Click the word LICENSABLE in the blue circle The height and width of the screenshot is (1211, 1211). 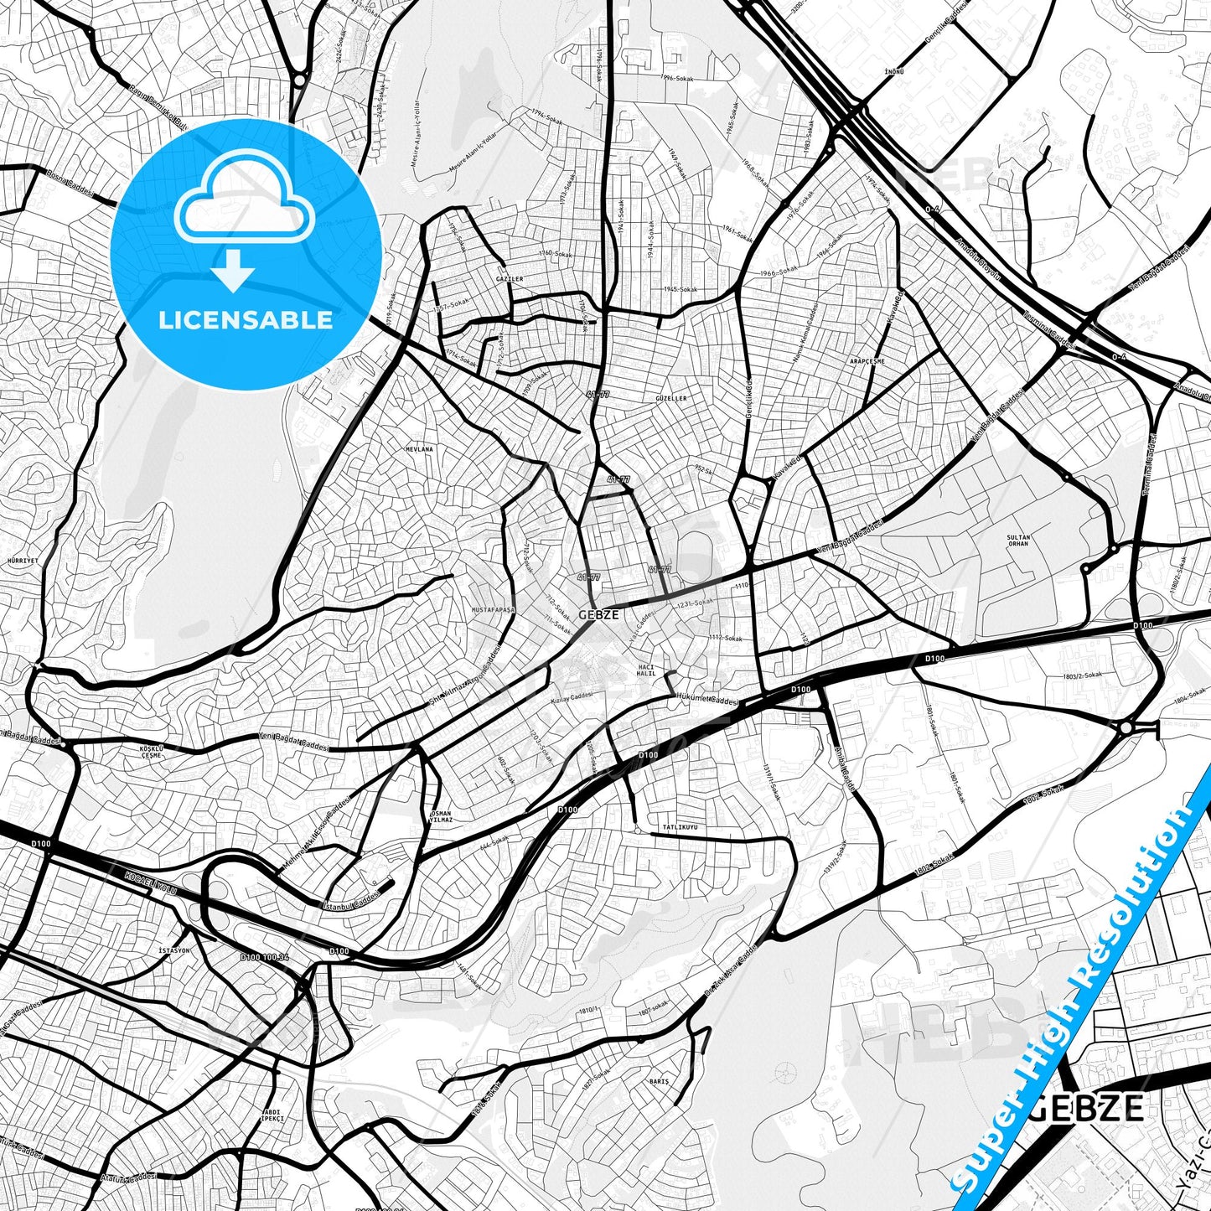(x=246, y=320)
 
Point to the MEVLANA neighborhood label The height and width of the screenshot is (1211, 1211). (x=419, y=449)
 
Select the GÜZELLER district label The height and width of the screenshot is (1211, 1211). (x=670, y=398)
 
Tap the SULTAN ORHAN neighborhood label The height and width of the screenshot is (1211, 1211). (x=1017, y=541)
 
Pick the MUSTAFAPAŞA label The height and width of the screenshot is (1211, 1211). (x=494, y=610)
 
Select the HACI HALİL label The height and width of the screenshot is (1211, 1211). (x=646, y=670)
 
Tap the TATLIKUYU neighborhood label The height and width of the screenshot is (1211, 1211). (x=680, y=827)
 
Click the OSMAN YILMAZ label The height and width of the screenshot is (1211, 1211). (x=441, y=817)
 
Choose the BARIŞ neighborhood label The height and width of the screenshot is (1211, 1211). (x=660, y=1082)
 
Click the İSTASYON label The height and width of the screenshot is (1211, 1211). (x=174, y=950)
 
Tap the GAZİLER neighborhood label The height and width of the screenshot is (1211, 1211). (x=510, y=279)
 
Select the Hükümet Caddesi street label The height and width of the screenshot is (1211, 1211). (x=706, y=699)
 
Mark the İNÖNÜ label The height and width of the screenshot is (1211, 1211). (x=894, y=72)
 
